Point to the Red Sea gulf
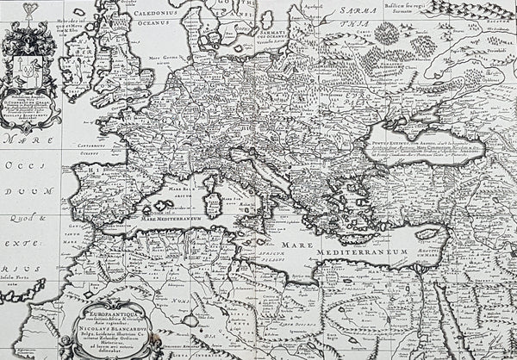tap(452, 327)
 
